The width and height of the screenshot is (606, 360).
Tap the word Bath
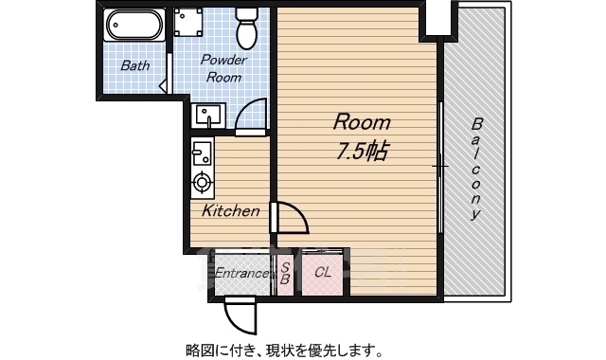tap(134, 66)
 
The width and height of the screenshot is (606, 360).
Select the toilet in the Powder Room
tap(246, 28)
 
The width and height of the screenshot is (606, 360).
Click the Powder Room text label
tap(223, 68)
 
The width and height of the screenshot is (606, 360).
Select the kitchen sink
tap(202, 151)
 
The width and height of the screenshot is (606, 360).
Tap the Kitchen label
tap(229, 211)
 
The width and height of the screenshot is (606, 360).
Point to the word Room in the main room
tap(360, 122)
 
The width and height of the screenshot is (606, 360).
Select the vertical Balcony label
tap(476, 169)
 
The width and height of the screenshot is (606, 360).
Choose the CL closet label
tap(323, 273)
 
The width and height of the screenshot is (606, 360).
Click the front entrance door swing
tap(240, 313)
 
